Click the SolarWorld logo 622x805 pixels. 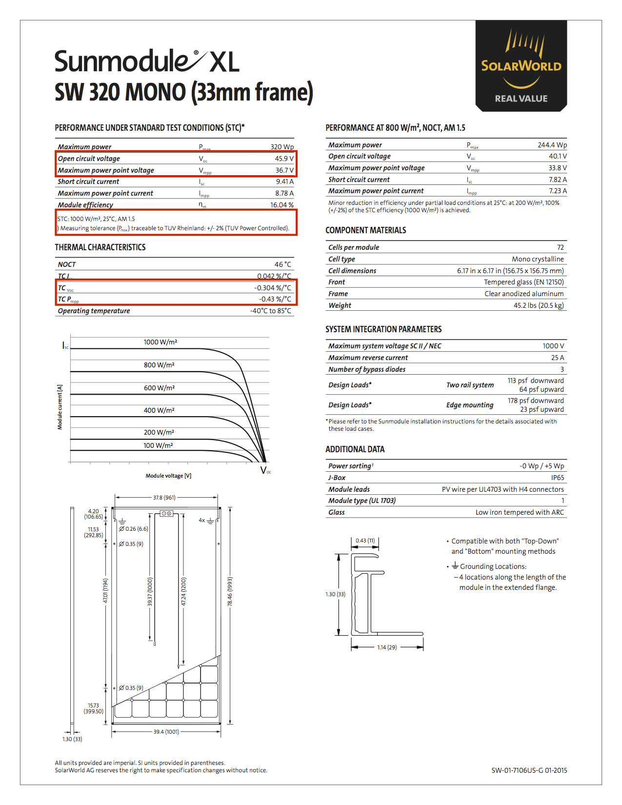pyautogui.click(x=521, y=66)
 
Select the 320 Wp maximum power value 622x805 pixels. pyautogui.click(x=282, y=146)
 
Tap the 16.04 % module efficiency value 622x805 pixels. pyautogui.click(x=282, y=205)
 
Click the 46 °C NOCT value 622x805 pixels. pyautogui.click(x=283, y=264)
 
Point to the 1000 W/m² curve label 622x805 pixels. pyautogui.click(x=160, y=342)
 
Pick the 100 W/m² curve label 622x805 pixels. pyautogui.click(x=158, y=445)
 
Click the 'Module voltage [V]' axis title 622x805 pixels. pyautogui.click(x=168, y=476)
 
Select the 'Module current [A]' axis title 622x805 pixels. pyautogui.click(x=60, y=407)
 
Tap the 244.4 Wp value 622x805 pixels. pyautogui.click(x=552, y=145)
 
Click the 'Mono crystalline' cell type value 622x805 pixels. pyautogui.click(x=538, y=259)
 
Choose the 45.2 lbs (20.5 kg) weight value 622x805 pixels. pyautogui.click(x=539, y=305)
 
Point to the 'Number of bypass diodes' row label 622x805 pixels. pyautogui.click(x=367, y=369)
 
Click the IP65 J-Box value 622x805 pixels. pyautogui.click(x=558, y=478)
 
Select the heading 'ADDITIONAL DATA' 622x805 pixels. pyautogui.click(x=355, y=449)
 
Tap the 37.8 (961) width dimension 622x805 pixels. pyautogui.click(x=164, y=498)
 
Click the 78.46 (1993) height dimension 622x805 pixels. pyautogui.click(x=230, y=592)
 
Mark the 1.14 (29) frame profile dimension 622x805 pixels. pyautogui.click(x=387, y=647)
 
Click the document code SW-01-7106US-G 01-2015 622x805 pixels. pyautogui.click(x=529, y=770)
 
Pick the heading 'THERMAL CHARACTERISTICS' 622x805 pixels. pyautogui.click(x=100, y=247)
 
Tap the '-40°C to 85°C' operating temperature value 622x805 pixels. pyautogui.click(x=271, y=311)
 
